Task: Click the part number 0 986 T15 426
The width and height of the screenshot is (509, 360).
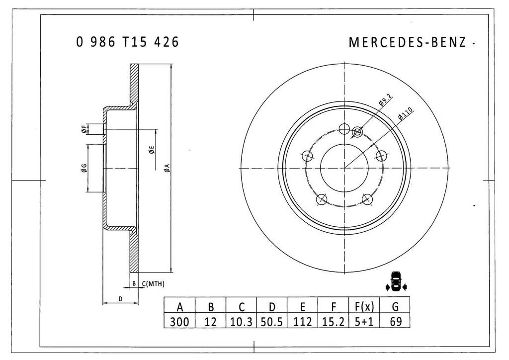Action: click(127, 42)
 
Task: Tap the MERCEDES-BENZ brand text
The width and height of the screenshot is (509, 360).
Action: click(408, 42)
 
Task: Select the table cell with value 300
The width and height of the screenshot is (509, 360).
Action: click(179, 322)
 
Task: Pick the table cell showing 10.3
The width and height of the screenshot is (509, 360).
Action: click(241, 322)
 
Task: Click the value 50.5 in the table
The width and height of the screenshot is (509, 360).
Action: click(271, 322)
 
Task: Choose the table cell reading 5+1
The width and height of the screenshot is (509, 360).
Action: click(364, 322)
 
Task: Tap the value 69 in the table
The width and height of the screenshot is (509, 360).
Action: click(395, 322)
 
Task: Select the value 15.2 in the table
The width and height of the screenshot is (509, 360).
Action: click(333, 322)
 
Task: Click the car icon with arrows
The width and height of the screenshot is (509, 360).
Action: click(396, 282)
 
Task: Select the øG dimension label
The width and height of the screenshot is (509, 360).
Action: click(85, 168)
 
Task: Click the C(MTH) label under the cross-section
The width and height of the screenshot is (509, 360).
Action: click(153, 284)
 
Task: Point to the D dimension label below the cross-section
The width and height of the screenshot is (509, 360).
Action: click(120, 298)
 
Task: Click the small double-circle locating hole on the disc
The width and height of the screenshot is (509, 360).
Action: click(357, 132)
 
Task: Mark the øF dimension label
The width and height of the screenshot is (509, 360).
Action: click(85, 129)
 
